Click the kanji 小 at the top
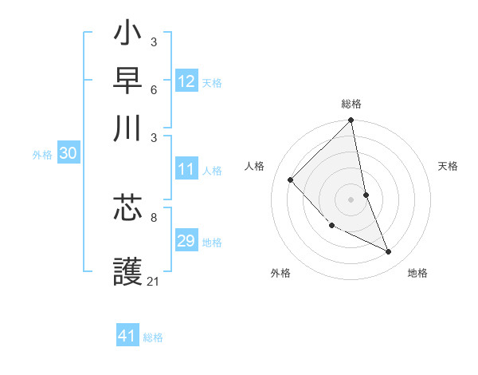click(128, 36)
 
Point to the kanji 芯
click(128, 210)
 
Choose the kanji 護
click(128, 267)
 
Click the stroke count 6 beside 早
click(153, 89)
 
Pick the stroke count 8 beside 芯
click(153, 216)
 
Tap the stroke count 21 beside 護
click(154, 281)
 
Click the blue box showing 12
click(186, 81)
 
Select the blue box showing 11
click(186, 169)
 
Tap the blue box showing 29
click(186, 241)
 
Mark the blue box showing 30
click(68, 154)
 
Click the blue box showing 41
click(127, 336)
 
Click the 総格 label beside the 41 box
click(153, 337)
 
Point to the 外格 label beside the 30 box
click(42, 155)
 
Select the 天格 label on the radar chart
click(449, 166)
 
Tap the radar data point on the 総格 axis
click(351, 121)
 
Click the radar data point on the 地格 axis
click(389, 251)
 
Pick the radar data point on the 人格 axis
click(291, 180)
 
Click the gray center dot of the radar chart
click(351, 199)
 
